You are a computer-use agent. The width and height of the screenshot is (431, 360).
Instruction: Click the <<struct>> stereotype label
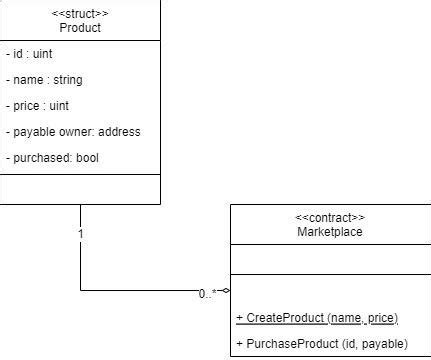pos(80,13)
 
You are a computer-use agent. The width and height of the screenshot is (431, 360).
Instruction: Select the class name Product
pos(80,28)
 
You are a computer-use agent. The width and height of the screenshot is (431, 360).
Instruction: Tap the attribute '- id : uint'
pos(29,54)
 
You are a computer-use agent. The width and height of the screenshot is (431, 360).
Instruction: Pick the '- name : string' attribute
pos(44,80)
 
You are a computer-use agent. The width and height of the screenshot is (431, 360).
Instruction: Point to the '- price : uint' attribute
pos(37,106)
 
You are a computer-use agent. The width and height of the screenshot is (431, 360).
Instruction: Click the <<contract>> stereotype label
pos(330,218)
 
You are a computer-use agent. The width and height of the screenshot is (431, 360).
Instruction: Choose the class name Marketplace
pos(330,232)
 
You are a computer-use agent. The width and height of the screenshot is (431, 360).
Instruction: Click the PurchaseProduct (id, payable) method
pos(321,344)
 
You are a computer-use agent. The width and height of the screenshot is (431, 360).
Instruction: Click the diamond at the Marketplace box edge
pos(225,291)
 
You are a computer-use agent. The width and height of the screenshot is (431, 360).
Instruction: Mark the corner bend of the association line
pos(80,291)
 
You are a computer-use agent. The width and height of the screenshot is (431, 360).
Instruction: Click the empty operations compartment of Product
pos(80,188)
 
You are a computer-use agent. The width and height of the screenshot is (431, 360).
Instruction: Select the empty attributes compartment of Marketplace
pos(330,260)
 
